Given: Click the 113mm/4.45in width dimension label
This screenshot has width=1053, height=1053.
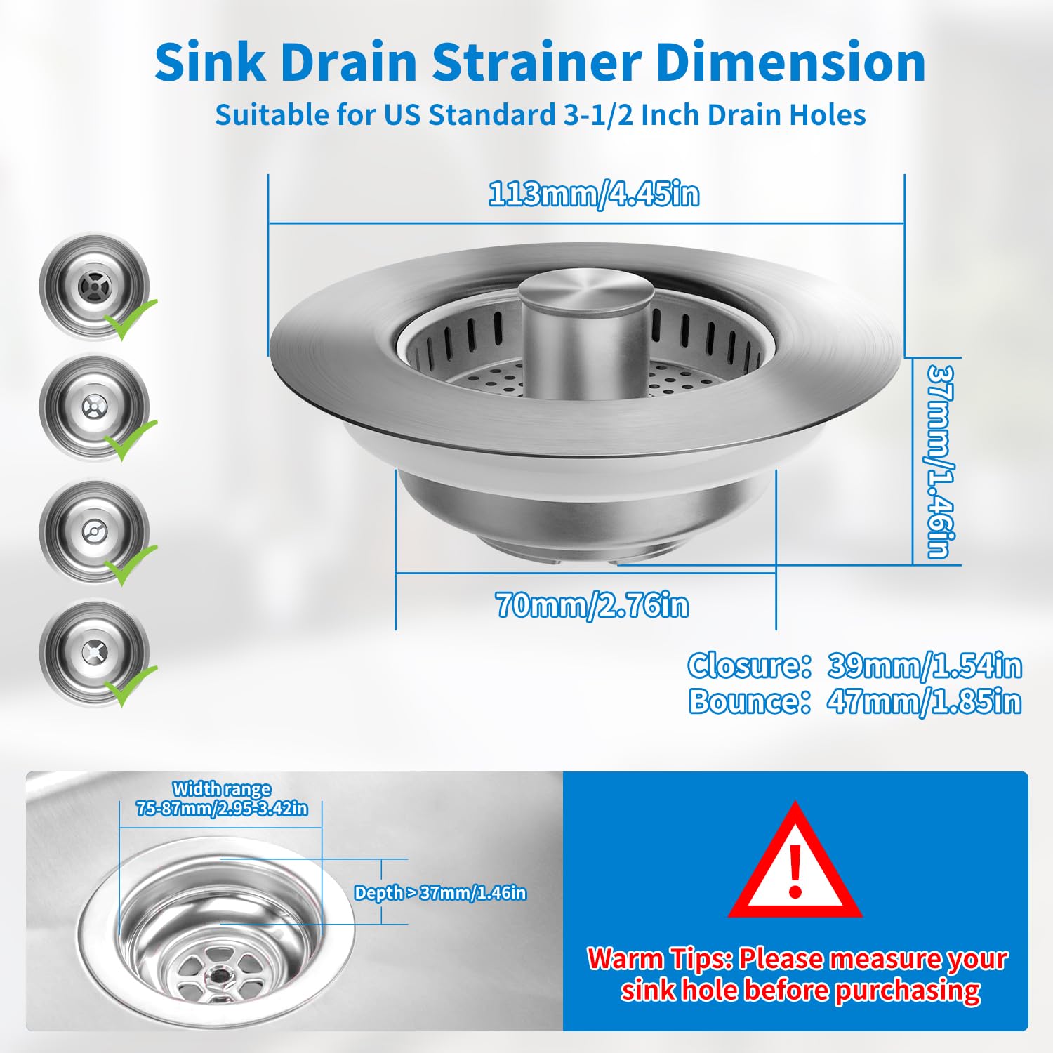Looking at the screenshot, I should point(594,194).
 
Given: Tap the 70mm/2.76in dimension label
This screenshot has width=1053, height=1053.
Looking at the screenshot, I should point(592,605).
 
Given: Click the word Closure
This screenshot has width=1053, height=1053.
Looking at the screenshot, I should point(749,665).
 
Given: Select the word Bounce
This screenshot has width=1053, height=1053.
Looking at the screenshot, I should point(749,701).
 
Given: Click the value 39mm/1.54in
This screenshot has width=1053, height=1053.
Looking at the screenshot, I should point(925,665).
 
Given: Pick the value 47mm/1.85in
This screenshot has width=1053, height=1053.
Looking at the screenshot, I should point(924,701).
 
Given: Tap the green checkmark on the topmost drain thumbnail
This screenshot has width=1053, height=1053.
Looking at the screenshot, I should point(131,318).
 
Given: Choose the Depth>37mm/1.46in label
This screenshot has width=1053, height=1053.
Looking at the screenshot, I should point(440,893).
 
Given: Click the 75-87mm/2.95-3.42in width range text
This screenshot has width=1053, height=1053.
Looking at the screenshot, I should point(222,809).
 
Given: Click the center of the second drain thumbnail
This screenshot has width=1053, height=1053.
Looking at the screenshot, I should point(93,406).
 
